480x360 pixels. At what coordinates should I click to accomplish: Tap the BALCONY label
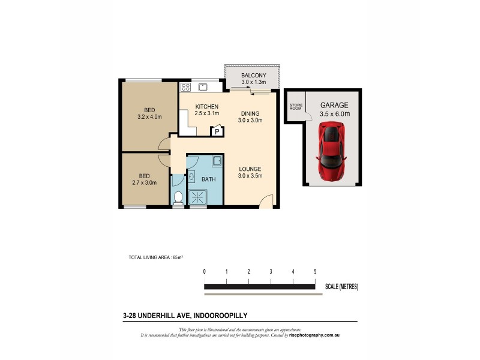tap(253, 76)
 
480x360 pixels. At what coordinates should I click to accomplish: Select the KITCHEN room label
tap(206, 107)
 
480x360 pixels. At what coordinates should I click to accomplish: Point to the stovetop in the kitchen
tap(186, 87)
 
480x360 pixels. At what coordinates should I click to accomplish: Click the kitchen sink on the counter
tap(203, 87)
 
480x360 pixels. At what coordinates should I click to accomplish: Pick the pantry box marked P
tap(215, 133)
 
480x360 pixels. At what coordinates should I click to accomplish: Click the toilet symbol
tap(178, 197)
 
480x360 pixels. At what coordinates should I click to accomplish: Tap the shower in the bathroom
tap(197, 196)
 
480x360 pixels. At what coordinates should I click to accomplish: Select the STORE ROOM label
tap(295, 107)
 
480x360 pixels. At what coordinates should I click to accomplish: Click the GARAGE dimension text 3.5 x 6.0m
tap(335, 113)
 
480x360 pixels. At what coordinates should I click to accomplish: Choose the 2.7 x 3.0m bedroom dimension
tap(144, 183)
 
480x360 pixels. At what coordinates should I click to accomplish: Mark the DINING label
tap(250, 113)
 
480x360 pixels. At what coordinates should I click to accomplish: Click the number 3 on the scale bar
tap(271, 272)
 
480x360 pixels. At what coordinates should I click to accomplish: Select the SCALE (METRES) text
tap(341, 287)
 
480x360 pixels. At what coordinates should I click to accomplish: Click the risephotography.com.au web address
tap(316, 335)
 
